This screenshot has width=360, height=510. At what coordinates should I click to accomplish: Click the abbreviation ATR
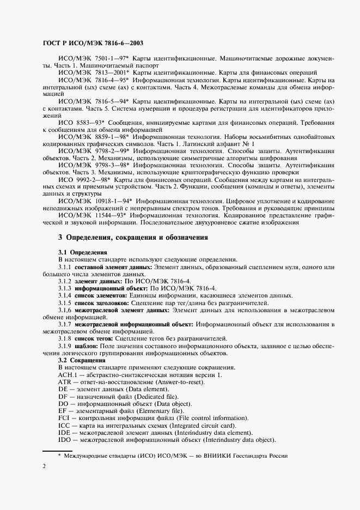coord(65,382)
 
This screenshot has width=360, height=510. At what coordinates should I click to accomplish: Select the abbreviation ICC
coord(64,426)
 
